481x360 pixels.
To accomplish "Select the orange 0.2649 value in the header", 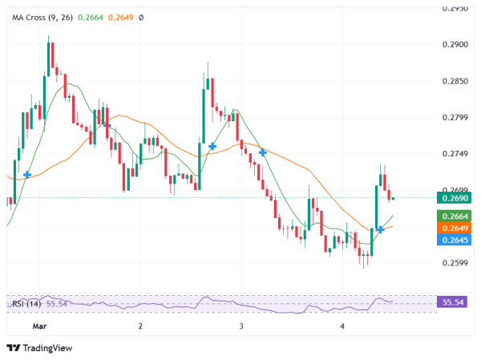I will [120, 17].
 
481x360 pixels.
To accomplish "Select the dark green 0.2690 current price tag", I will [455, 197].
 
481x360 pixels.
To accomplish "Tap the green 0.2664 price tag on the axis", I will [455, 216].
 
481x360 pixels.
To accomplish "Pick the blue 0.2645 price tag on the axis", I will [455, 239].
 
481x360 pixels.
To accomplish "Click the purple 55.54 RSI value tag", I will [455, 302].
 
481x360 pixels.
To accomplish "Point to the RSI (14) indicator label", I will [26, 304].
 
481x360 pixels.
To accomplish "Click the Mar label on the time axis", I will [39, 326].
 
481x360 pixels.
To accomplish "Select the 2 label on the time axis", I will [140, 326].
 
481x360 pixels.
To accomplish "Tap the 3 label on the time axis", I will [241, 326].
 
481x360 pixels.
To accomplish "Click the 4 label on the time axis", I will [342, 326].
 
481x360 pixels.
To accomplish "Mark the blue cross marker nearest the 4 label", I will [381, 230].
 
